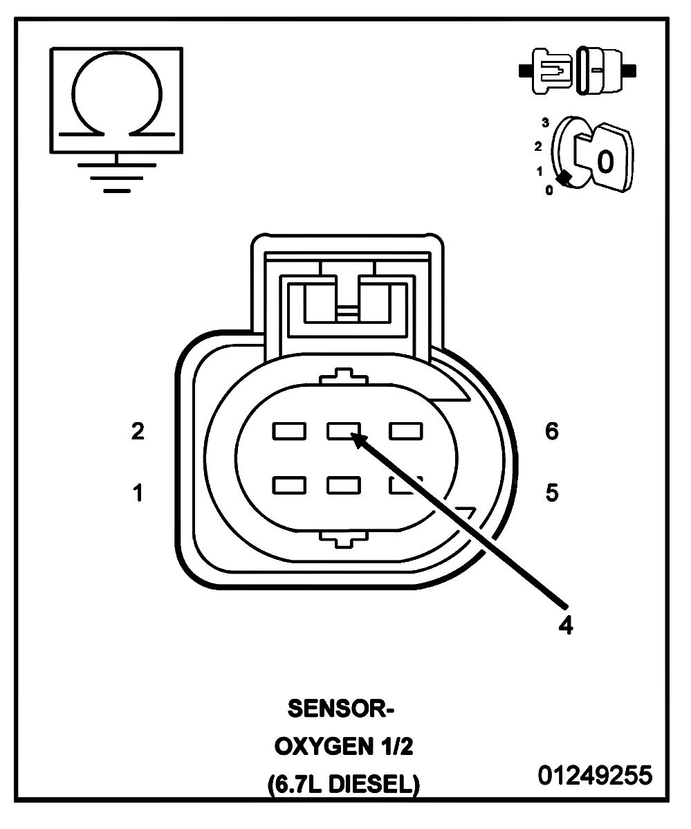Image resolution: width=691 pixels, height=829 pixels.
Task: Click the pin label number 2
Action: pos(138,432)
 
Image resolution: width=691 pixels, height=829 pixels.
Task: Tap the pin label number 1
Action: pos(138,493)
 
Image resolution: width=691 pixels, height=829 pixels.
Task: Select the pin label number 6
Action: pos(551,432)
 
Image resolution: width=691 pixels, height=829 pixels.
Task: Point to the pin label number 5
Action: pos(551,493)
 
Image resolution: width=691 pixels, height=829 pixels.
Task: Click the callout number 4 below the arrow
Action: pos(566,625)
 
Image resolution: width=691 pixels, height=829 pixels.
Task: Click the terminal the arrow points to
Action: pos(344,432)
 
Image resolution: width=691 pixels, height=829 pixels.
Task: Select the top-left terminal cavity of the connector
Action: pos(289,432)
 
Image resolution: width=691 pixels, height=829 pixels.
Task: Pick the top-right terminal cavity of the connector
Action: pos(407,432)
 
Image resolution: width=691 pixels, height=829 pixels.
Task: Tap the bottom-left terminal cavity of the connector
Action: pos(289,485)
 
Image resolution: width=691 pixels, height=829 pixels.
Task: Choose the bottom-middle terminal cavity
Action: pos(344,485)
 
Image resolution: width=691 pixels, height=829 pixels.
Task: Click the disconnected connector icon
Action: pos(577,70)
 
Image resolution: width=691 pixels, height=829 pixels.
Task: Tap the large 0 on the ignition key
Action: pos(605,161)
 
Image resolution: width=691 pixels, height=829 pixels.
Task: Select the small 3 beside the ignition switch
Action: pos(546,123)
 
